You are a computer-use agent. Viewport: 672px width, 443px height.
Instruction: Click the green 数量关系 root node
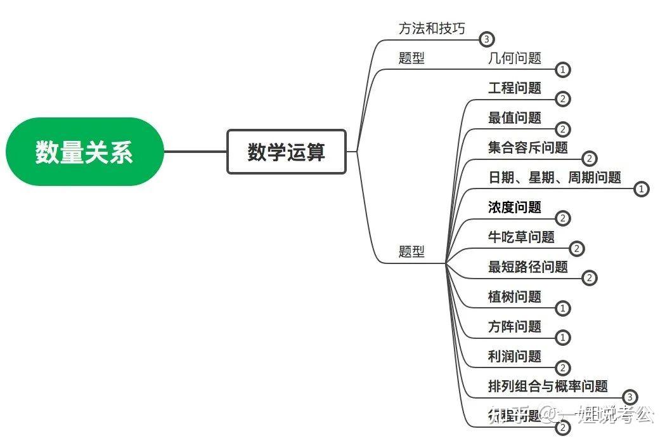(84, 152)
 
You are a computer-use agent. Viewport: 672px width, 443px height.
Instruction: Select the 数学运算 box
(287, 152)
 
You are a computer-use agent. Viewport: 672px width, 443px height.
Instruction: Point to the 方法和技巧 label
(432, 29)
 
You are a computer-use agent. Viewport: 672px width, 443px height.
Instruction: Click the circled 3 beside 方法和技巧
(486, 39)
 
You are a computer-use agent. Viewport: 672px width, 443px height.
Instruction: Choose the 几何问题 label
(515, 58)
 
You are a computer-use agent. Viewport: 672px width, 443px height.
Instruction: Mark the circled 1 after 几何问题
(563, 70)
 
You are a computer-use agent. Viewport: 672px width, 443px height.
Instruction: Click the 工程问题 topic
(515, 88)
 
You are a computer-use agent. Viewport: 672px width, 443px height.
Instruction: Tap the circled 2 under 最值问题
(563, 129)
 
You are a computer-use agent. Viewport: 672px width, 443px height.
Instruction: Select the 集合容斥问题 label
(528, 148)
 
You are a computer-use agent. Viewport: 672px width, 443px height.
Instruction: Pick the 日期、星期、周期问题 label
(555, 178)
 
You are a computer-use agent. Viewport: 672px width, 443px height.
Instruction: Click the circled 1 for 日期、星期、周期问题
(642, 189)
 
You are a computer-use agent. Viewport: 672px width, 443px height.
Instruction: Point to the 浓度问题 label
(515, 208)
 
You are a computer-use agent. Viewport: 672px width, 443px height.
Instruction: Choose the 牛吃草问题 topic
(521, 237)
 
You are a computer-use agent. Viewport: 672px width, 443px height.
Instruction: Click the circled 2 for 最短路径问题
(589, 278)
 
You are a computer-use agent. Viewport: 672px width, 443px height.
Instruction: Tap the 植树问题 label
(515, 296)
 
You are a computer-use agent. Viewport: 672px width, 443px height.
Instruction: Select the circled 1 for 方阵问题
(563, 338)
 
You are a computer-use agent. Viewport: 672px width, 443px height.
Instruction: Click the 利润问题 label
(515, 356)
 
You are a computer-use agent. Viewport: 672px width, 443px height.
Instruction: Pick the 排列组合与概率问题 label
(548, 386)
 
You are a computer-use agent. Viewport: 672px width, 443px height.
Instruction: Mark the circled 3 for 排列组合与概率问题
(629, 397)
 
